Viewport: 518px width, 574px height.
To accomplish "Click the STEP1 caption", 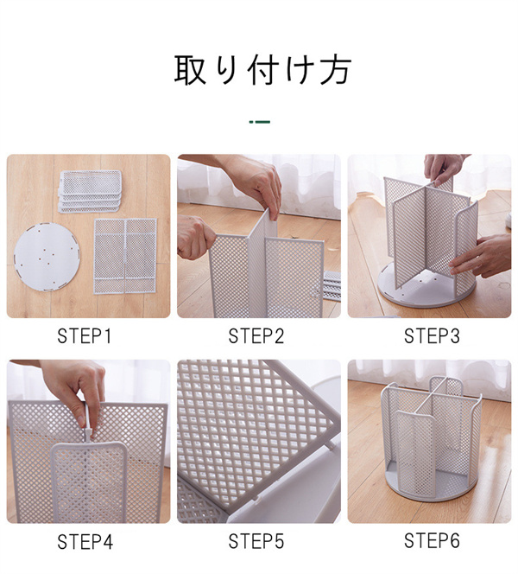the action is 84,336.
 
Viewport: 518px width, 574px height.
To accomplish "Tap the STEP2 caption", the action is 256,336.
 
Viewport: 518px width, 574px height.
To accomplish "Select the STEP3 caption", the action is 432,336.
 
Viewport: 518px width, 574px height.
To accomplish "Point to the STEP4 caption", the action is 85,541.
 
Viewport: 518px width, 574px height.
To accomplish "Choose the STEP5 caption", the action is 256,541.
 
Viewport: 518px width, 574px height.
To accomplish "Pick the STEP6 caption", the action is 432,540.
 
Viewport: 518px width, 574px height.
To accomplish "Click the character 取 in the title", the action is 190,69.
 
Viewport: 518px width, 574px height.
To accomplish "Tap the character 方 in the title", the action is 335,69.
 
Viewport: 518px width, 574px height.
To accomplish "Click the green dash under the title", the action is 260,122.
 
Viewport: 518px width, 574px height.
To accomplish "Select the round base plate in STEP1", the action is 47,257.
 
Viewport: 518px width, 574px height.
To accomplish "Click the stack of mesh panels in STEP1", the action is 90,191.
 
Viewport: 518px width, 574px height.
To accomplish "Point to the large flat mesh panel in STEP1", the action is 125,256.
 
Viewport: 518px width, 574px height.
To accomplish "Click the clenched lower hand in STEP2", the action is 196,237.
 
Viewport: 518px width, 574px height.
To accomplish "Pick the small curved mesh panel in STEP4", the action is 89,482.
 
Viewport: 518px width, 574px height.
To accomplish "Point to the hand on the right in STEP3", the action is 482,255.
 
